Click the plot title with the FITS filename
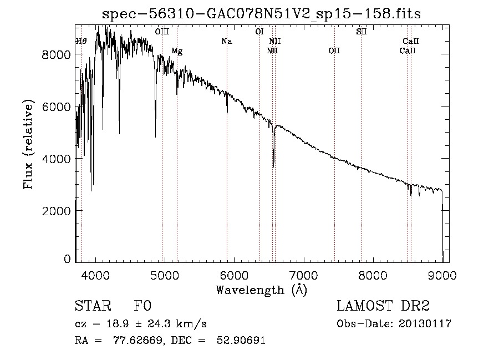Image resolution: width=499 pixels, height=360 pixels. pyautogui.click(x=261, y=14)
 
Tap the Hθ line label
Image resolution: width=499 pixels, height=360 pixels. pyautogui.click(x=81, y=42)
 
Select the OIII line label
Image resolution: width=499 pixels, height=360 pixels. pyautogui.click(x=162, y=32)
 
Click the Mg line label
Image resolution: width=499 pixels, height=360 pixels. pyautogui.click(x=177, y=51)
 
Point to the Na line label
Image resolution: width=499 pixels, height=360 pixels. pyautogui.click(x=226, y=42)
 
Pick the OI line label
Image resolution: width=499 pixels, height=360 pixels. pyautogui.click(x=259, y=32)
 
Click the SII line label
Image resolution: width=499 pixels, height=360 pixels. pyautogui.click(x=361, y=32)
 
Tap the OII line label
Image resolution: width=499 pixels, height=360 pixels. pyautogui.click(x=334, y=51)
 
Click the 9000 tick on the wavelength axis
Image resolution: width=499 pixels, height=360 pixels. pyautogui.click(x=442, y=275)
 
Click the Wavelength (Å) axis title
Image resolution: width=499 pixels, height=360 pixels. pyautogui.click(x=261, y=290)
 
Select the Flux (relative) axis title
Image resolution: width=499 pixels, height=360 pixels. pyautogui.click(x=28, y=144)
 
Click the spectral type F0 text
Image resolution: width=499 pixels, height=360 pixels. pyautogui.click(x=142, y=306)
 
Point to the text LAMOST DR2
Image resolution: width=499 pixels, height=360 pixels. pyautogui.click(x=383, y=306)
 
